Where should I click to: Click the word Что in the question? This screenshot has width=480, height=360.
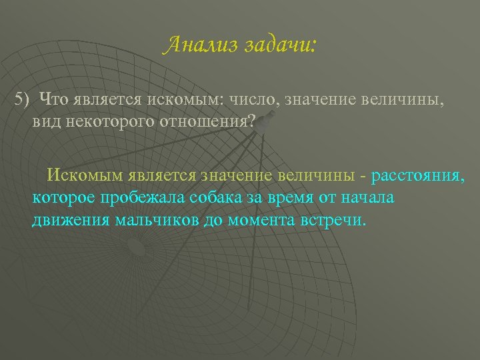click(55, 100)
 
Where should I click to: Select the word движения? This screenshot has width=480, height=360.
click(66, 221)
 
